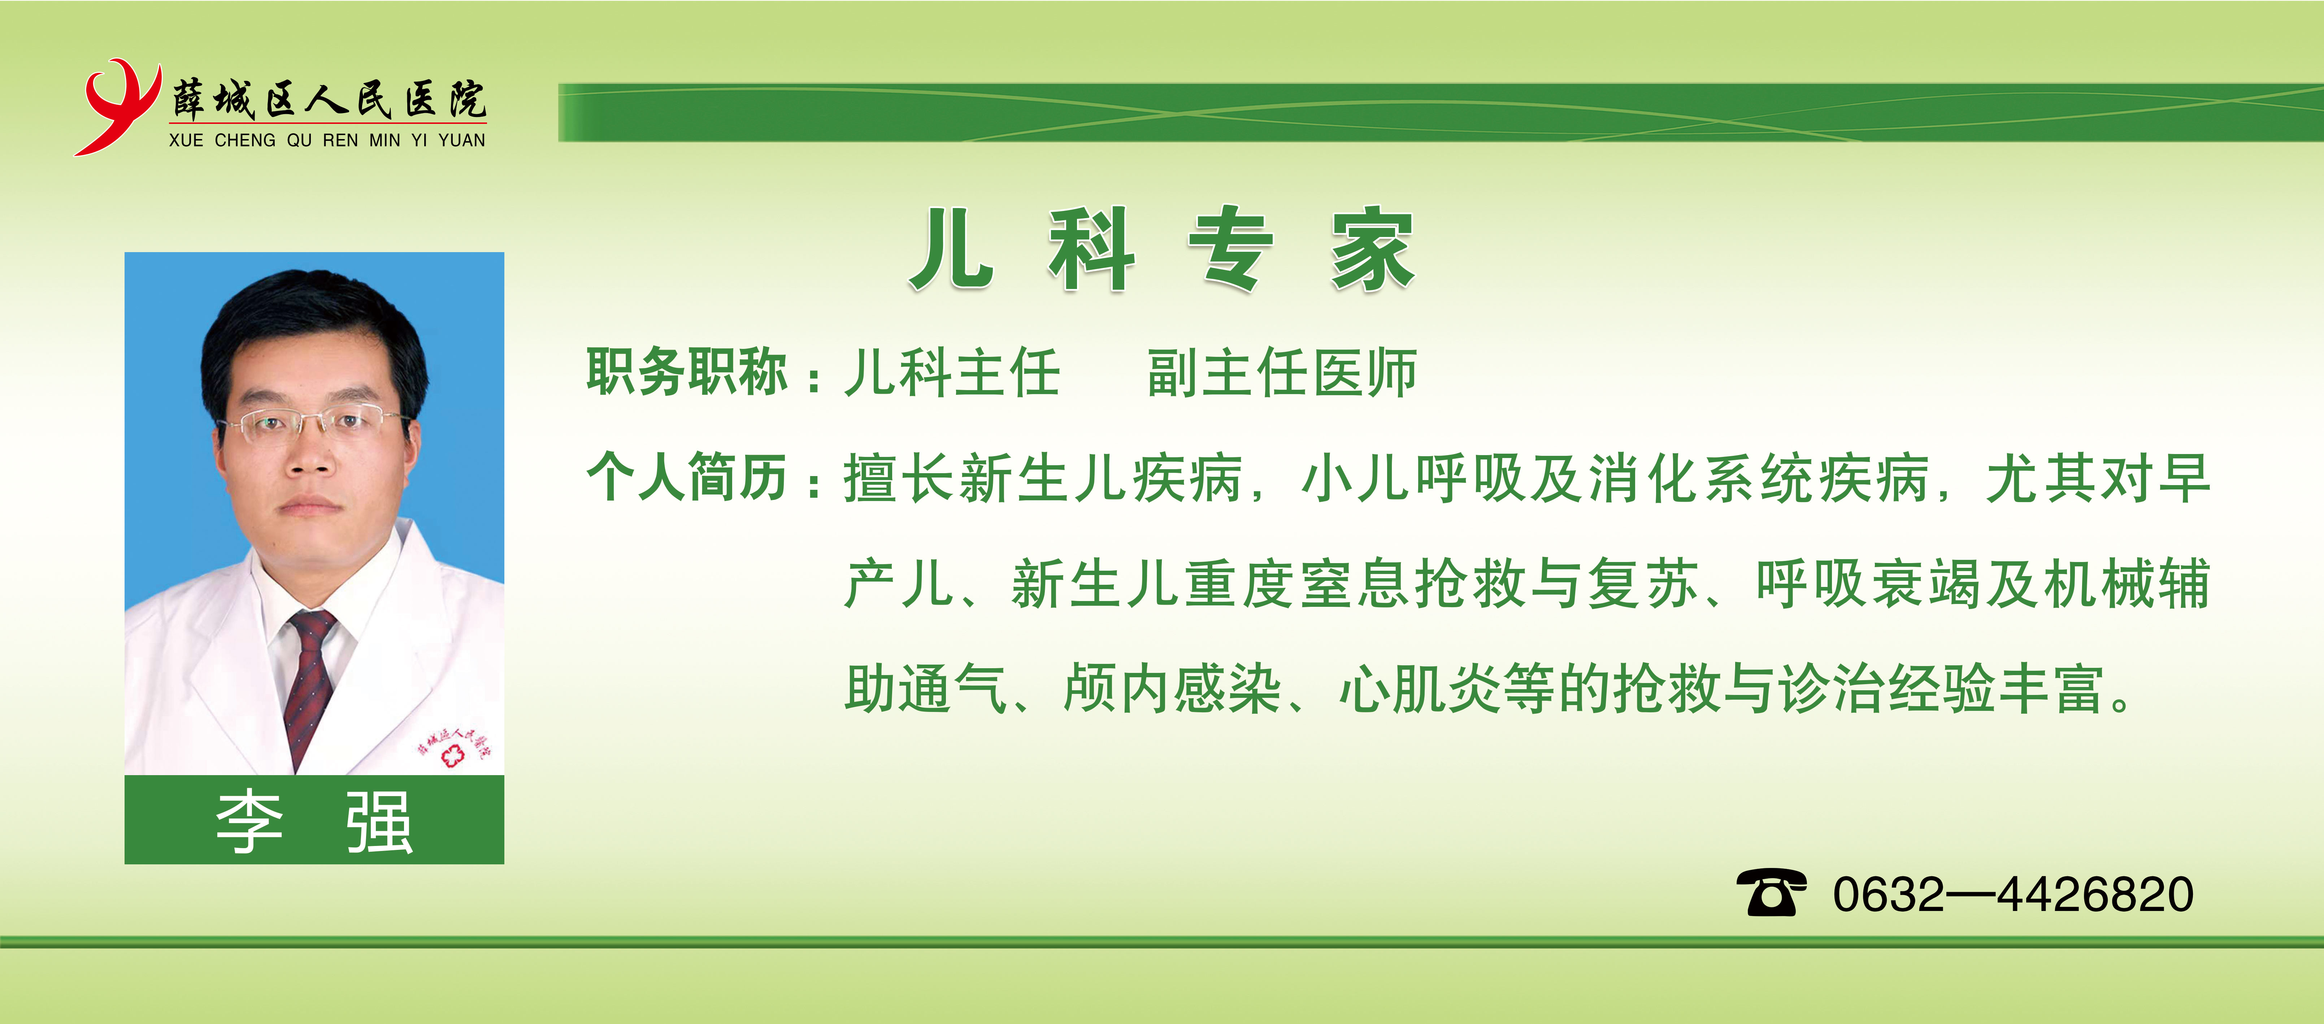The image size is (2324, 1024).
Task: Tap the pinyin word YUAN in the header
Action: pyautogui.click(x=462, y=141)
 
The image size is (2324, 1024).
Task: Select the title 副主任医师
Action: pyautogui.click(x=1282, y=373)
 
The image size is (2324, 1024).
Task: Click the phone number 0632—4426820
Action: pyautogui.click(x=2013, y=894)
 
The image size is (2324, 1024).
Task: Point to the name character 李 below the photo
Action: pyautogui.click(x=250, y=822)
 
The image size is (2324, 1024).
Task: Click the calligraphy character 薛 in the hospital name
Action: pyautogui.click(x=190, y=99)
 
